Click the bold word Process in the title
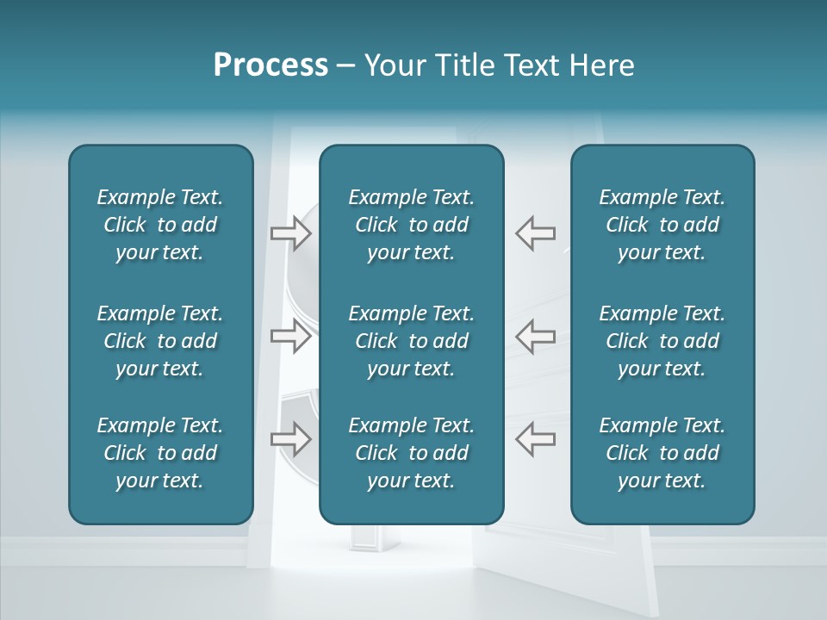pos(270,65)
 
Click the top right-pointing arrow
pos(290,232)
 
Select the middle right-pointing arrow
pos(290,336)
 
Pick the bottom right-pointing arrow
pos(290,438)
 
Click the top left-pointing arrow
pos(535,232)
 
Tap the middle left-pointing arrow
pos(535,336)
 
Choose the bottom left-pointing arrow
pos(535,438)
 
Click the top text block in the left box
pos(160,225)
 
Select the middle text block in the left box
pos(160,341)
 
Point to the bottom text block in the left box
pos(160,453)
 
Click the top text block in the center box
pos(411,225)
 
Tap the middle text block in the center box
pos(411,341)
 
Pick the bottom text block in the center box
pos(411,453)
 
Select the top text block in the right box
pos(662,225)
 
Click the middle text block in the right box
pos(662,341)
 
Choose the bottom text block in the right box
pos(662,453)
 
